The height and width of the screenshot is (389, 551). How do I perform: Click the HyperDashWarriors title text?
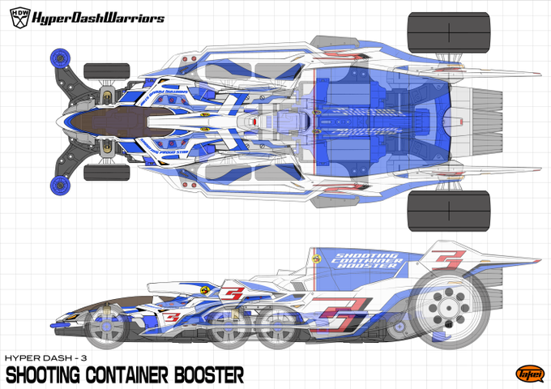[98, 18]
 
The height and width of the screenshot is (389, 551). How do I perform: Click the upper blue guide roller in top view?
[59, 58]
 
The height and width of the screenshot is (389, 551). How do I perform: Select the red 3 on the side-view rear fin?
[448, 261]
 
